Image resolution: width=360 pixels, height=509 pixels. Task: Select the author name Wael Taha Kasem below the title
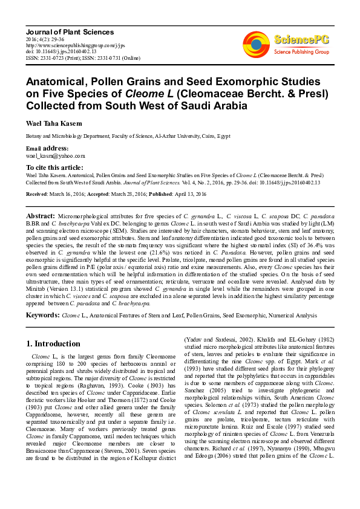point(54,123)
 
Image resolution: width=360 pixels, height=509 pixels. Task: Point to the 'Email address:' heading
point(47,148)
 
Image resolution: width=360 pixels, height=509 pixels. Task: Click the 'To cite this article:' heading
point(54,167)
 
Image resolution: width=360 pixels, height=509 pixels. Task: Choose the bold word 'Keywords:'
point(42,315)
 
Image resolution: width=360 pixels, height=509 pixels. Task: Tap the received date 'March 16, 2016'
point(66,194)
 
